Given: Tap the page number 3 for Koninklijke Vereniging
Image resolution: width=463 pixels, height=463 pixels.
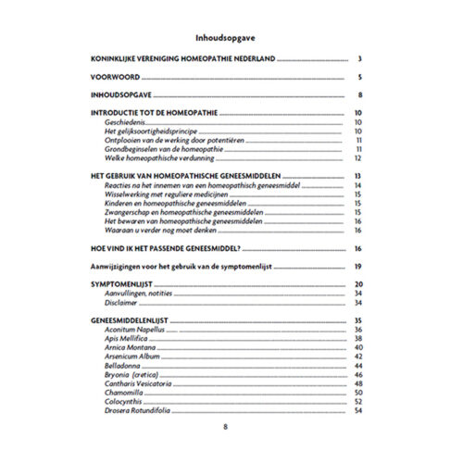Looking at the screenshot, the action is tap(357, 58).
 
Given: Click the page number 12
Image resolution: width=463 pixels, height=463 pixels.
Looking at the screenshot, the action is tap(357, 157).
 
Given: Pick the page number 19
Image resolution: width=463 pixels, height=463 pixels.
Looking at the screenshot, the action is tap(357, 267).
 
